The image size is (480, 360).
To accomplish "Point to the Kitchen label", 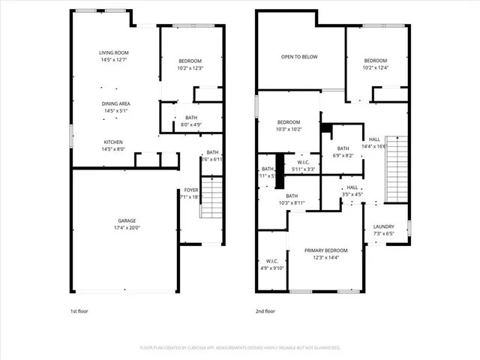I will coord(114,142).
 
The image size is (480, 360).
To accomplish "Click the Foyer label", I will coord(191,190).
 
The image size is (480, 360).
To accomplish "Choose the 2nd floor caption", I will coord(265,310).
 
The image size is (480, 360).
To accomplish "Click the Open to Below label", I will coord(297,56).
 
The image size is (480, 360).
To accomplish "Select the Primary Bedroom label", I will coord(325,250).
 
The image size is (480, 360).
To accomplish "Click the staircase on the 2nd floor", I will coord(395,169).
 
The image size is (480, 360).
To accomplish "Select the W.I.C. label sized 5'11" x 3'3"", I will coord(304,162).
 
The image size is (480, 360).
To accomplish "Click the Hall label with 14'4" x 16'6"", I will coord(374,139).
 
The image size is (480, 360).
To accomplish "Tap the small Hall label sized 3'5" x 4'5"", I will coord(352,188).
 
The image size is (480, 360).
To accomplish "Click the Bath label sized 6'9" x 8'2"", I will coord(343,148).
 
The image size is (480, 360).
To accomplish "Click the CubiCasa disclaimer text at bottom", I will coord(240,348).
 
